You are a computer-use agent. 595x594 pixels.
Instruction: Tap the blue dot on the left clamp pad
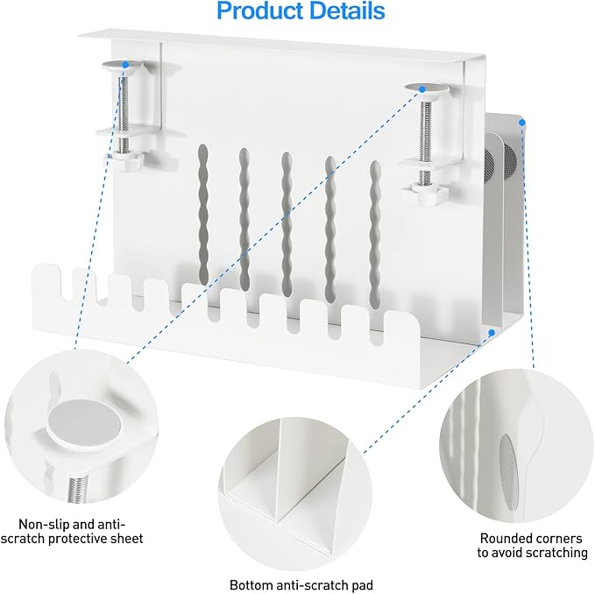125,65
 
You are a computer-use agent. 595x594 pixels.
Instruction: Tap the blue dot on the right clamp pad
422,89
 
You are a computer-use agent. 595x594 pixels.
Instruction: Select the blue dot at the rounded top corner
521,122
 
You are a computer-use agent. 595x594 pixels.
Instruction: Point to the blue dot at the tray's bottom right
492,333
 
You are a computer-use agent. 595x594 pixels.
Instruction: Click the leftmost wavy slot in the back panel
203,211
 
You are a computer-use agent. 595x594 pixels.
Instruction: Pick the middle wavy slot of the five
287,223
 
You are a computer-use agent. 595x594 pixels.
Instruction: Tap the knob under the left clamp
123,160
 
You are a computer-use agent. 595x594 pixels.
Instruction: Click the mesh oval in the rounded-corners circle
508,472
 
